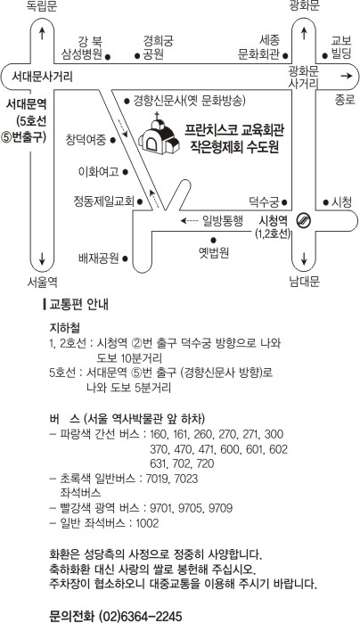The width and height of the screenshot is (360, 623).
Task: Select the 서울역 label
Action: (43, 283)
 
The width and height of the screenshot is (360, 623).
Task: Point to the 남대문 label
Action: (305, 282)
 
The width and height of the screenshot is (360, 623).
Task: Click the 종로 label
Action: (345, 99)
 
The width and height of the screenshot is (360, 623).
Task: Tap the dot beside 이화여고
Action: (125, 172)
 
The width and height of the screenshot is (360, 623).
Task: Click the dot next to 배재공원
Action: (125, 258)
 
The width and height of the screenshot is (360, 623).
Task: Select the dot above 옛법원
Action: (213, 240)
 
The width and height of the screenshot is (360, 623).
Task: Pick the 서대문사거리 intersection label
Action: (42, 76)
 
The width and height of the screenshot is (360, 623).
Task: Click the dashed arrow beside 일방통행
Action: (189, 220)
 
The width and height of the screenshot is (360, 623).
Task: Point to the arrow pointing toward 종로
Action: (346, 76)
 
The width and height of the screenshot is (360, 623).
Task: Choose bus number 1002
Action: (147, 523)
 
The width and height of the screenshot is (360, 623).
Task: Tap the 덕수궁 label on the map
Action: (264, 201)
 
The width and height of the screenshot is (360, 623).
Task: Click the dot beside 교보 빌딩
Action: (324, 56)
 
